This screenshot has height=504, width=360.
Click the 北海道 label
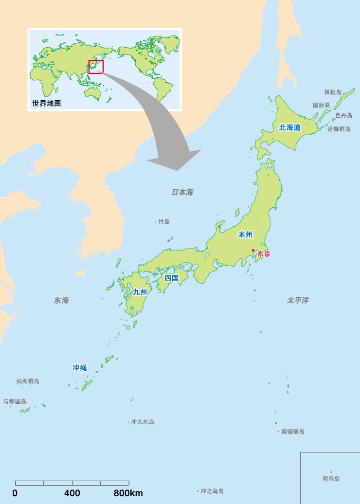coord(290,127)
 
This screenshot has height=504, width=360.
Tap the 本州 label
coord(245,234)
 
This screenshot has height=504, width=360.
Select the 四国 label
coord(172,278)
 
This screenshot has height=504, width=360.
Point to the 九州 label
coord(140,292)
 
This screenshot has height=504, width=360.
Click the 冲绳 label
coord(79,368)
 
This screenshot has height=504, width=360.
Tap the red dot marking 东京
coord(253,251)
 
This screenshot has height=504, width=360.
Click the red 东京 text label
coord(264,254)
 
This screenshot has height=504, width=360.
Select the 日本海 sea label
coord(182,192)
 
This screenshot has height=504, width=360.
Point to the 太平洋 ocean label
coord(298,300)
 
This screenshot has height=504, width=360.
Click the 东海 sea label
coord(61,300)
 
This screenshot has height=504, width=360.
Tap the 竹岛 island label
coord(164,222)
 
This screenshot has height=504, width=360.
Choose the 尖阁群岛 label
coord(28,381)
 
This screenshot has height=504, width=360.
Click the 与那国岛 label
coord(15,401)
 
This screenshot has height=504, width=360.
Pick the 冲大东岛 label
coord(143,422)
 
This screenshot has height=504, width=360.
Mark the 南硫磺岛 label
coord(293,432)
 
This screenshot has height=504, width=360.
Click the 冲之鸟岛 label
coord(212,491)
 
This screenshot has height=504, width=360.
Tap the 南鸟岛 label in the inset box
coord(331,479)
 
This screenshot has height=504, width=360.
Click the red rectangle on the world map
coord(96,67)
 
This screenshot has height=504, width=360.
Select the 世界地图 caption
coord(47,103)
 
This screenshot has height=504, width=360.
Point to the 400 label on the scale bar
coord(72,493)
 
